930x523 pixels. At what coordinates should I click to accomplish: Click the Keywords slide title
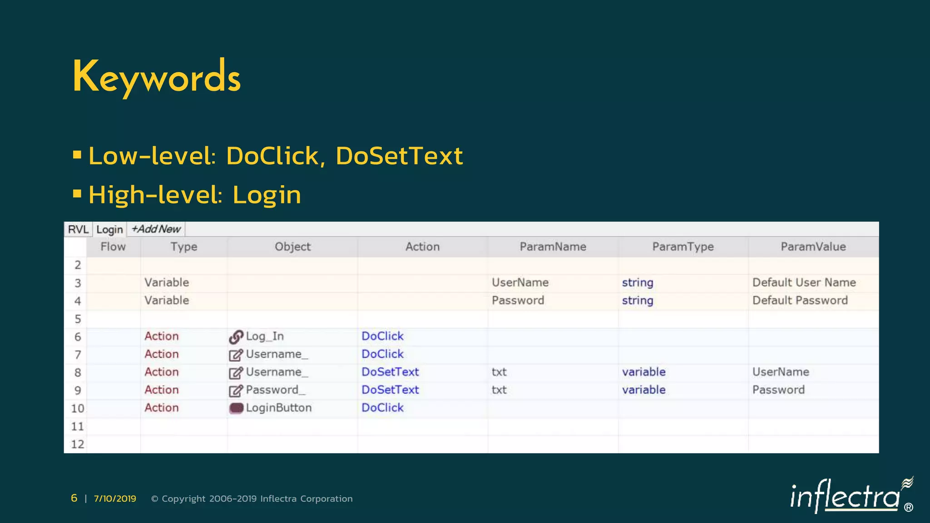point(157,77)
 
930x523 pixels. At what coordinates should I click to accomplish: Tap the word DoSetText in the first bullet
point(399,156)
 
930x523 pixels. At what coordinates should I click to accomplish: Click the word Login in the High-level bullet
point(267,195)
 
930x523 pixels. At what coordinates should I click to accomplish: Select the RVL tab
point(78,229)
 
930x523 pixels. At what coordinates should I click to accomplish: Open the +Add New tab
point(156,229)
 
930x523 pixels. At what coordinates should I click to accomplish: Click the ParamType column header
point(683,247)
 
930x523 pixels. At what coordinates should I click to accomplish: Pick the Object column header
point(292,247)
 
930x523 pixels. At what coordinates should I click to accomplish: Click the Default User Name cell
point(804,282)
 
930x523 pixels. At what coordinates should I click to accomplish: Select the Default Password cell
point(800,300)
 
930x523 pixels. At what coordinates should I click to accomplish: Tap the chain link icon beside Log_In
point(236,337)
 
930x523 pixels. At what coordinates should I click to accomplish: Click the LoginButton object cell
point(278,408)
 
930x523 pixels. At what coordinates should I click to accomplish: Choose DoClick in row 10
point(382,408)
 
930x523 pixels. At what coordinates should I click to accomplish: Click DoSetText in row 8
point(390,372)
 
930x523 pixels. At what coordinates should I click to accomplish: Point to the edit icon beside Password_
point(236,390)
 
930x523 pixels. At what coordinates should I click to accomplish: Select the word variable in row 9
point(643,390)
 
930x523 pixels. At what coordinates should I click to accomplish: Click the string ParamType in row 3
point(637,282)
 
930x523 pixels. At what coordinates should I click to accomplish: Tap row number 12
point(78,444)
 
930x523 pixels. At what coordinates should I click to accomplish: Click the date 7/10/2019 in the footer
point(115,498)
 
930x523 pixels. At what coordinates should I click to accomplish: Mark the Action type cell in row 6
point(162,336)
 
